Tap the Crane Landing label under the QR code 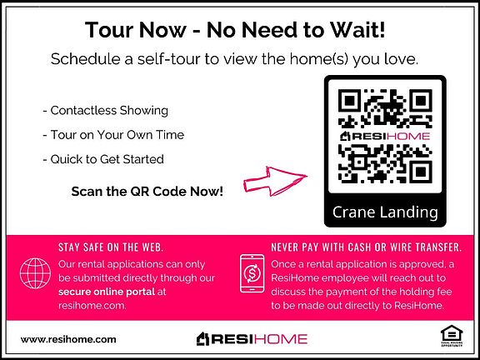(385, 212)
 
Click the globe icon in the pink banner (35, 273)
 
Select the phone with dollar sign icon (252, 273)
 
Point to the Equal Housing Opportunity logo (452, 336)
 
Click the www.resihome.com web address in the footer (68, 339)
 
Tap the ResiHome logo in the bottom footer (252, 339)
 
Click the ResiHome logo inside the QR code (385, 136)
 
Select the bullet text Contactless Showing (106, 111)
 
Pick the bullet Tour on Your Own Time (113, 135)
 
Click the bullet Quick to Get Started (103, 159)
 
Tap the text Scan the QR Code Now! (147, 192)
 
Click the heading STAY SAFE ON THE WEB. (111, 247)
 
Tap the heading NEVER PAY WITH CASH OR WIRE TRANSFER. (367, 247)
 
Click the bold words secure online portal (107, 292)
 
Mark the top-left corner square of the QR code (348, 100)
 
